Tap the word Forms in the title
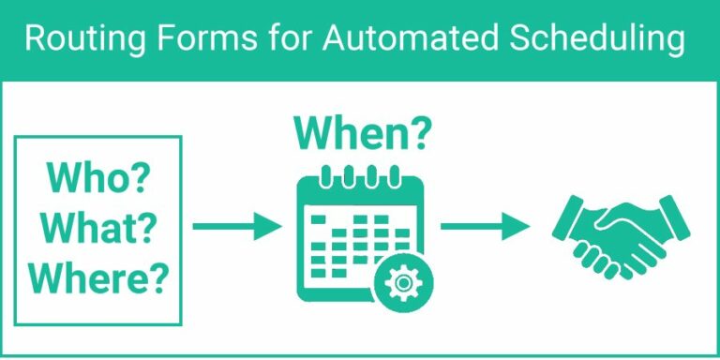point(188,40)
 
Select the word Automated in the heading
point(397,40)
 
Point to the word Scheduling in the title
point(592,40)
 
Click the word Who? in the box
point(98,178)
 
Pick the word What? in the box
point(98,228)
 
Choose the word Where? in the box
point(98,277)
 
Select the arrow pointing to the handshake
point(484,226)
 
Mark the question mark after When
point(419,133)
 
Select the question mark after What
point(149,228)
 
